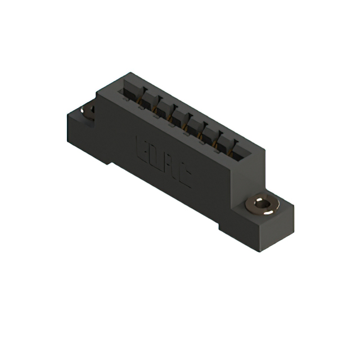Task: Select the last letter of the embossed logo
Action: [x=184, y=177]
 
